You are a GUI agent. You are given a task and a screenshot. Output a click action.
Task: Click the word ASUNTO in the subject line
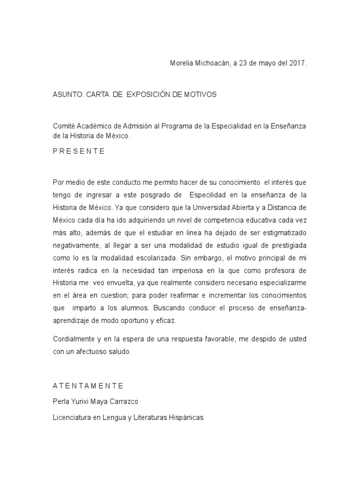[x=68, y=94]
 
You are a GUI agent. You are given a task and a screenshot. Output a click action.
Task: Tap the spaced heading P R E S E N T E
[x=79, y=151]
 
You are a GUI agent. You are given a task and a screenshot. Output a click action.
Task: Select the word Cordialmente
[x=75, y=339]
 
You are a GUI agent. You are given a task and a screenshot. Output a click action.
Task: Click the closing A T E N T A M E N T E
[x=88, y=386]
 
